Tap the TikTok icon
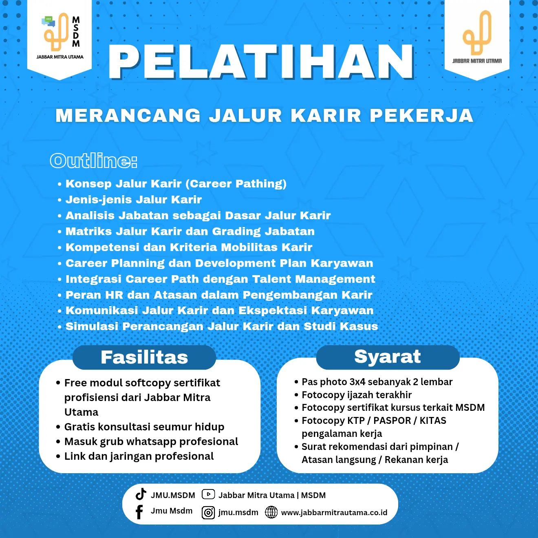(141, 494)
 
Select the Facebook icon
(139, 512)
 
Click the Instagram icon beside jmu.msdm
(208, 513)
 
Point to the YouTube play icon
(208, 494)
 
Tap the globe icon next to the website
(271, 512)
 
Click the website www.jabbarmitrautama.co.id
(334, 513)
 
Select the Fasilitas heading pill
(144, 357)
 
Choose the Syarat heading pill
(388, 357)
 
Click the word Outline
(93, 161)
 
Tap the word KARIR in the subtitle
(326, 116)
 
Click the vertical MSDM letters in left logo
(76, 31)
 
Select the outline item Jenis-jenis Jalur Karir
(133, 200)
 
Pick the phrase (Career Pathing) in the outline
(236, 184)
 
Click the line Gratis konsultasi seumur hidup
(144, 427)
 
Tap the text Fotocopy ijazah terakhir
(357, 395)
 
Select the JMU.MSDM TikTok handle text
(173, 495)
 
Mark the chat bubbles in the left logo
(49, 21)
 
